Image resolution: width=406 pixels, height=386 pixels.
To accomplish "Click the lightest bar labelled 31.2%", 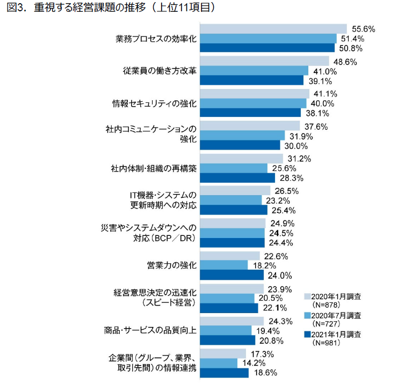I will [241, 158].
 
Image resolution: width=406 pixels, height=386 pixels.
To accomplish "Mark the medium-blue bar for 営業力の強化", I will [223, 265].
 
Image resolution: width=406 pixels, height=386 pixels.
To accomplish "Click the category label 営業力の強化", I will [171, 265].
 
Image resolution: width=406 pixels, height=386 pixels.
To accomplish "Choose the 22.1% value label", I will [272, 308].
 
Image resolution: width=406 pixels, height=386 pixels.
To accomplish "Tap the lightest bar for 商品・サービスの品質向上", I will [231, 321].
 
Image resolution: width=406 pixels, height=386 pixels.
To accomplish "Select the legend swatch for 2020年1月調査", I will [308, 296].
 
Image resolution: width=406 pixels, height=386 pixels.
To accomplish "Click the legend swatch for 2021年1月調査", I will [308, 335].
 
